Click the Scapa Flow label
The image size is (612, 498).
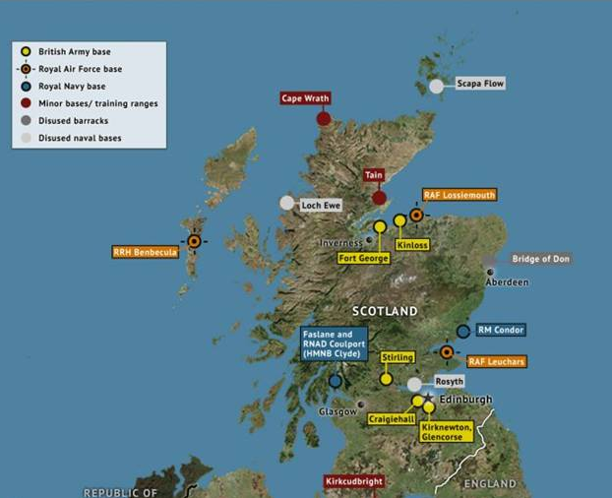tap(480, 85)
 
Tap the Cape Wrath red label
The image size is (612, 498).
tap(305, 98)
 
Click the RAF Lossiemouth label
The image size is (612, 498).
tap(459, 195)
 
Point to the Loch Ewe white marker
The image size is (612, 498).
tap(286, 203)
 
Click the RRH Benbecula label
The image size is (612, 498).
tap(146, 252)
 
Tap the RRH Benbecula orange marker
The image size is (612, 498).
tap(194, 240)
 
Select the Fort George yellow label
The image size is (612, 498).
tap(363, 258)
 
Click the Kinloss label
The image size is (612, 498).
tap(411, 244)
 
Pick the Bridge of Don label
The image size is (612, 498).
tap(540, 259)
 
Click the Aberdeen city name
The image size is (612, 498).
tap(506, 282)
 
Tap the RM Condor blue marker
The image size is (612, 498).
tap(463, 332)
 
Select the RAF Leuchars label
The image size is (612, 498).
tap(496, 362)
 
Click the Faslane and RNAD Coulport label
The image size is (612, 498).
tap(335, 343)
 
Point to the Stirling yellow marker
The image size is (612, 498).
tap(386, 379)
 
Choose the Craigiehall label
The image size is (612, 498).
tap(391, 418)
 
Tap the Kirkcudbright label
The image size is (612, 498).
tap(354, 482)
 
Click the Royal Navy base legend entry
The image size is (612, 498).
tap(71, 87)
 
